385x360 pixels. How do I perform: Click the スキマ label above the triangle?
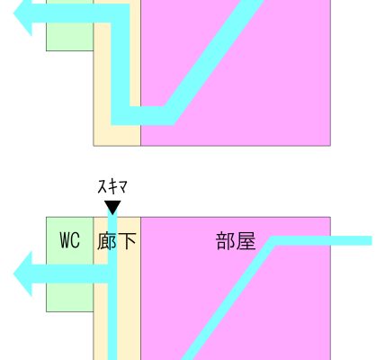112,187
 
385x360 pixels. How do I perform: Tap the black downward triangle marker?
112,208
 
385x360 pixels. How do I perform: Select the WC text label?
70,240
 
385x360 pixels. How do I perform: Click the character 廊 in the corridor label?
107,241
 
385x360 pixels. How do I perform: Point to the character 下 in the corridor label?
127,241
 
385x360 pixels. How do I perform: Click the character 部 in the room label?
226,241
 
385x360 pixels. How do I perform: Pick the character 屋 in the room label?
246,241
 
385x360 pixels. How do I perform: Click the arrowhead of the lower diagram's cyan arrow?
22,274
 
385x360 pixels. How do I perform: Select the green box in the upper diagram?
69,25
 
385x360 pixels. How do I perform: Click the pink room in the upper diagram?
236,73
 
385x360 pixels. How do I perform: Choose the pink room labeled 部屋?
236,288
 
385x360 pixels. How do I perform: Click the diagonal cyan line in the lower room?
228,299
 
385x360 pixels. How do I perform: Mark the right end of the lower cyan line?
372,241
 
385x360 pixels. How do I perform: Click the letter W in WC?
65,240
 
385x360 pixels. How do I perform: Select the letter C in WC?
76,240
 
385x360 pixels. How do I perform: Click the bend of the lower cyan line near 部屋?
273,241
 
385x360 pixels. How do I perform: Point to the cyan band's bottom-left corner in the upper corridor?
112,125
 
